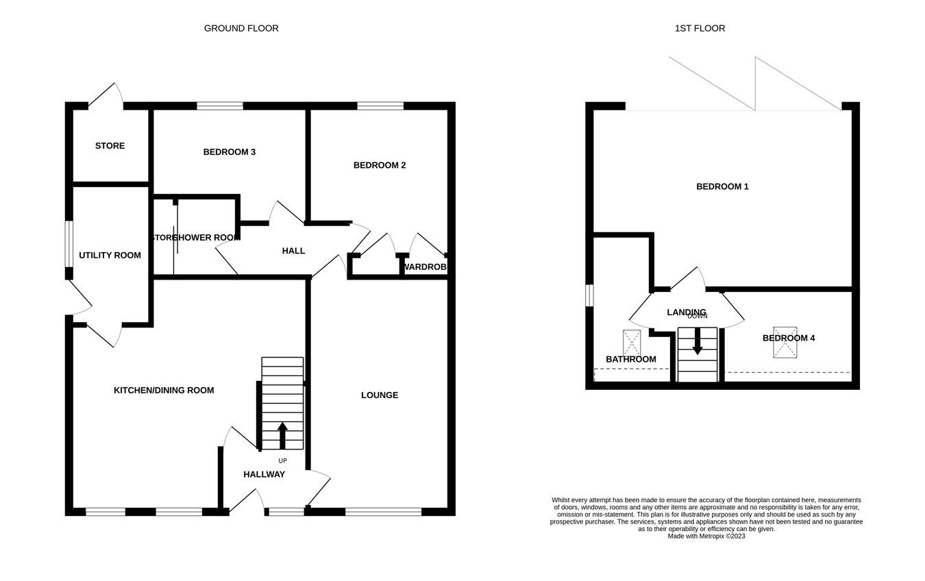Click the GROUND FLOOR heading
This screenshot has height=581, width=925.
(x=241, y=28)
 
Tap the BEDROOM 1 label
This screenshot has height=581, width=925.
(x=722, y=186)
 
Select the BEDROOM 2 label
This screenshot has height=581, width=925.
(x=380, y=165)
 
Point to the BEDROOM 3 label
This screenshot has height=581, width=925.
(x=230, y=151)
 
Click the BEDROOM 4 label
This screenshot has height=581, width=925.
(x=789, y=338)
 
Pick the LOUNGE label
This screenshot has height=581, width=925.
(x=380, y=395)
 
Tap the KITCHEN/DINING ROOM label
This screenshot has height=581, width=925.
(x=164, y=390)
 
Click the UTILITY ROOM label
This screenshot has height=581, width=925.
(x=110, y=255)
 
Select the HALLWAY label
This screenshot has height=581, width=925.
(x=264, y=474)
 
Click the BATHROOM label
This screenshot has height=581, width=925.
(x=630, y=359)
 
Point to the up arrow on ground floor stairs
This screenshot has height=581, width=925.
(x=282, y=435)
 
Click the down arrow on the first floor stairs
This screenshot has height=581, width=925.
(x=698, y=341)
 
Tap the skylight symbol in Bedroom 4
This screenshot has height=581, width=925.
(x=785, y=343)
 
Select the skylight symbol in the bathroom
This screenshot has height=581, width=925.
(x=632, y=343)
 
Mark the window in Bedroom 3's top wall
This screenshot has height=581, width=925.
(x=220, y=106)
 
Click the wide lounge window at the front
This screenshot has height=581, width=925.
(x=383, y=511)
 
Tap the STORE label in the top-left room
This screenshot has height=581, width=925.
(x=110, y=146)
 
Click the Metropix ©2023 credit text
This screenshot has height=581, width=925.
(x=706, y=536)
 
